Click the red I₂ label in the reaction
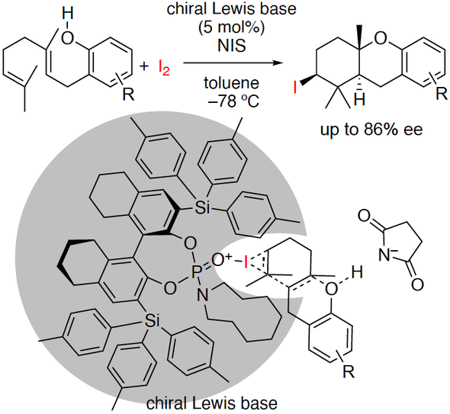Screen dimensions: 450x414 click(164, 68)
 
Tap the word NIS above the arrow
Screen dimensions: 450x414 click(232, 46)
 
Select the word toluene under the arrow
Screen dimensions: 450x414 click(232, 83)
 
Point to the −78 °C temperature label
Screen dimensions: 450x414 click(233, 101)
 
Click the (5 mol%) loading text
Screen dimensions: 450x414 click(231, 28)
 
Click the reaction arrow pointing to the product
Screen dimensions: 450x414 click(231, 63)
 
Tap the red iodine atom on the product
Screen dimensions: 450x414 click(294, 88)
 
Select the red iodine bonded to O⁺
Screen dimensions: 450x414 click(246, 262)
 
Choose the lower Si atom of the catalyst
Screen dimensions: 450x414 click(152, 321)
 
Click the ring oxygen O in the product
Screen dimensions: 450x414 click(381, 39)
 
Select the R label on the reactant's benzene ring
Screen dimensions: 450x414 click(128, 94)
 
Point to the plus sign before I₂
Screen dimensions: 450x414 click(144, 67)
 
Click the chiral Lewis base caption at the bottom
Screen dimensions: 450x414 click(212, 403)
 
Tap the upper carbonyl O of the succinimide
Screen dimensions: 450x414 click(364, 215)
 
